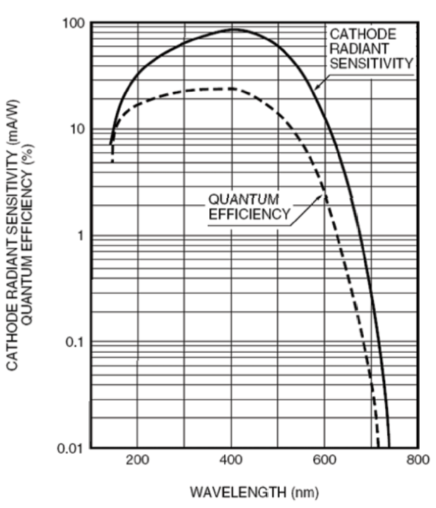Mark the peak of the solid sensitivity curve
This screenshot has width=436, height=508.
click(x=235, y=30)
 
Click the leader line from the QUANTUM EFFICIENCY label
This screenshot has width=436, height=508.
click(x=308, y=206)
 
